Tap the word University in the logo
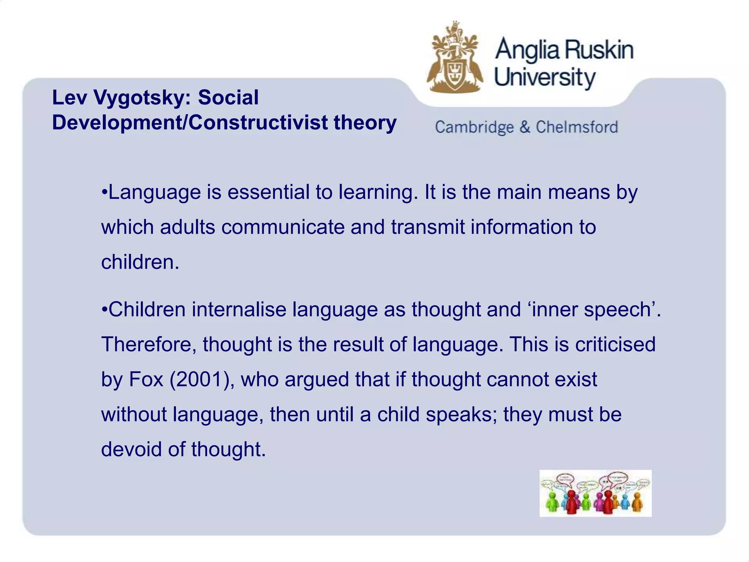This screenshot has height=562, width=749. point(545,78)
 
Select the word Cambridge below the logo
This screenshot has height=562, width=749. point(474,127)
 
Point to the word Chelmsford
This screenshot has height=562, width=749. point(577,127)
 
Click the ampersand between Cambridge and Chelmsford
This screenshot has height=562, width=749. point(524,127)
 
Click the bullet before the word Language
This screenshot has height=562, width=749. point(105,192)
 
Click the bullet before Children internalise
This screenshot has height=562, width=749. point(105,309)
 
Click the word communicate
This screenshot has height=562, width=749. point(283,227)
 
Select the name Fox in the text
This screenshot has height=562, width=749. point(146,379)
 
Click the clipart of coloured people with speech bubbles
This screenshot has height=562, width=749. point(595,493)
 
